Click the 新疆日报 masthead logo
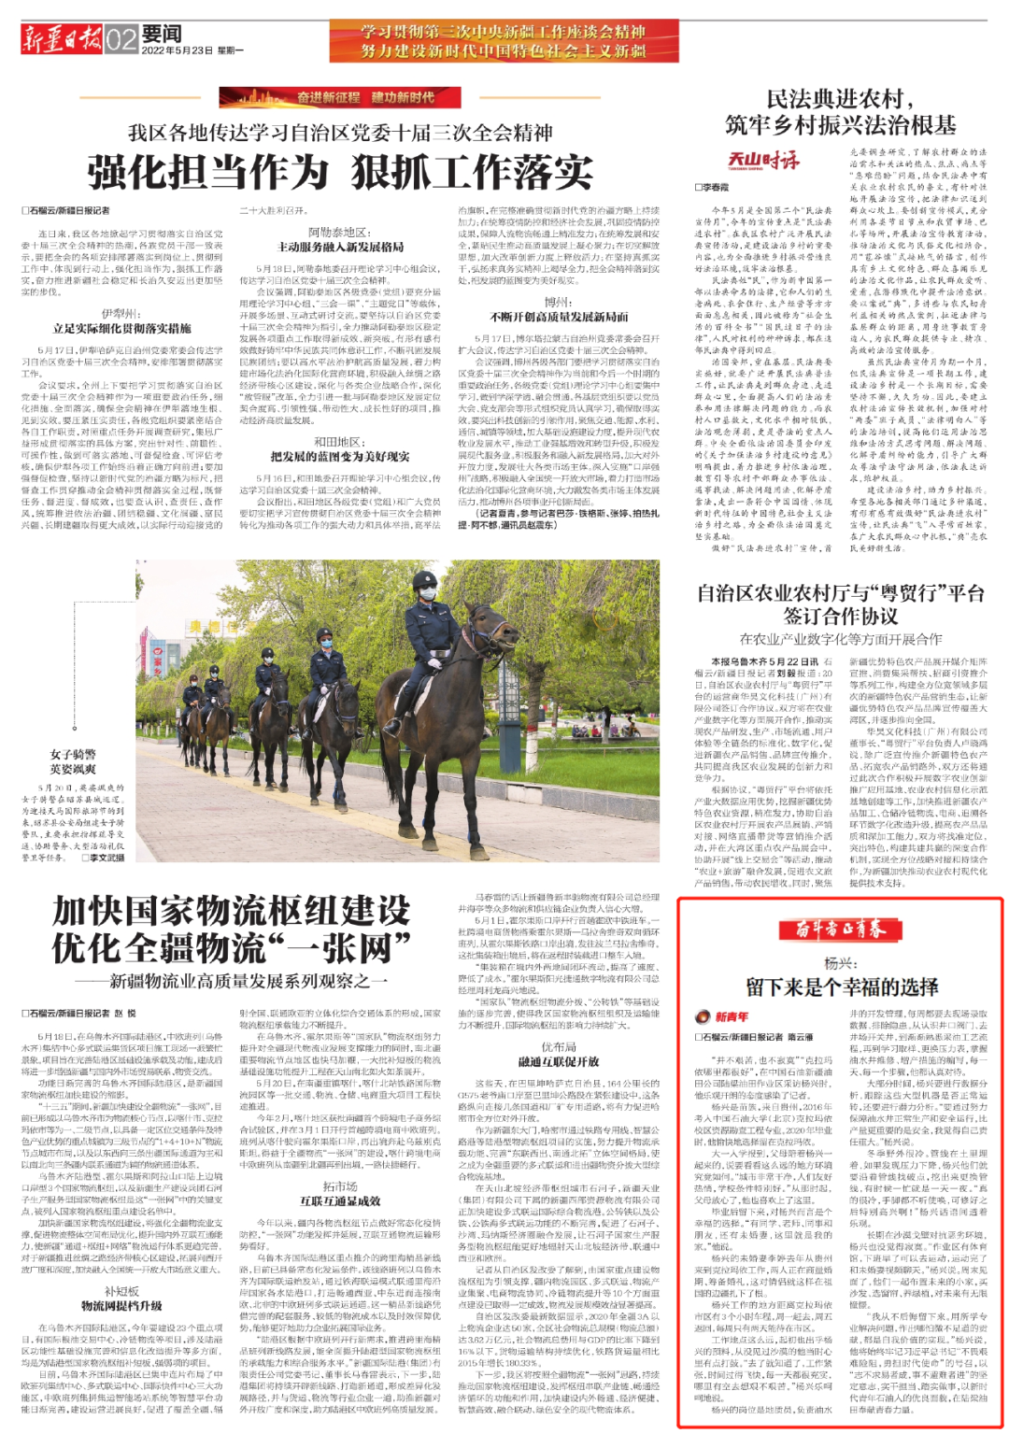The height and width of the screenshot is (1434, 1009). coord(62,38)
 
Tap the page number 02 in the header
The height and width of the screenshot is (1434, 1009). coord(121,39)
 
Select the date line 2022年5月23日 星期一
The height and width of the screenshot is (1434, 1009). coord(192,50)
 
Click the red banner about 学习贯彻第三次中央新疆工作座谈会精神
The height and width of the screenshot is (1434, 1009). coord(504,41)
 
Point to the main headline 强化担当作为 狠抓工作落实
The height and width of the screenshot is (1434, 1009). coord(340,170)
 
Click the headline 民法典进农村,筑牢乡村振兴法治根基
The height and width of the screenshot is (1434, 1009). coord(840,112)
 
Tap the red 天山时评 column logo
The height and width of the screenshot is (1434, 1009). coord(763,159)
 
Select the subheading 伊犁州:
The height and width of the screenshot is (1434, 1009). coord(121,314)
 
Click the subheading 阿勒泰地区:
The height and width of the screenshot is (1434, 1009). coord(340,233)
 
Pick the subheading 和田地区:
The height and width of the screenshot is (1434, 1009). coord(340,442)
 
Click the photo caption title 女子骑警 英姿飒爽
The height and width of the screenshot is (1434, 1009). coord(73,760)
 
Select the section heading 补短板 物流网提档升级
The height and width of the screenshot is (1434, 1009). coord(121,1299)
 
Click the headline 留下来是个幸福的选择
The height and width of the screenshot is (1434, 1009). coord(841,987)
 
